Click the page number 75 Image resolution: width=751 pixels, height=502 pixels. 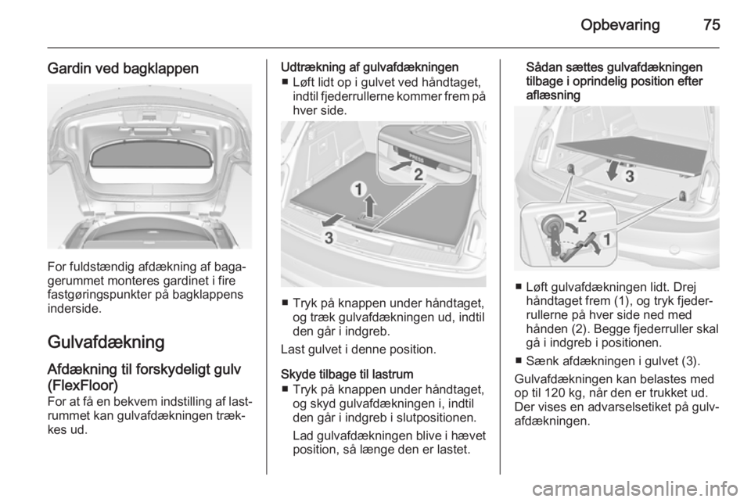tap(712, 24)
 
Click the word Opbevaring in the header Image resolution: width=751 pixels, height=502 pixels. tap(620, 25)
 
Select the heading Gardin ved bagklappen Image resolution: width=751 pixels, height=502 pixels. tap(123, 69)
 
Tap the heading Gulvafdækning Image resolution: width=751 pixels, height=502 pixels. tap(106, 342)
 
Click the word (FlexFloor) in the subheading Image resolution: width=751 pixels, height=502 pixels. tap(83, 385)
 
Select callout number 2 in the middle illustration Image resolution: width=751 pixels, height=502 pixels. tap(419, 174)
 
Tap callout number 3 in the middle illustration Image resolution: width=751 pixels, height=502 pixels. tap(329, 238)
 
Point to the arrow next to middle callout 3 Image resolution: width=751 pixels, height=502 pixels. tap(333, 221)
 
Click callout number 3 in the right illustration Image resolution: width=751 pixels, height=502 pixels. tap(629, 177)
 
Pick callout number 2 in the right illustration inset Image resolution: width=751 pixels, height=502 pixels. tap(582, 217)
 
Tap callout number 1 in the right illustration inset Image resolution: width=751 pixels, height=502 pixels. tap(606, 239)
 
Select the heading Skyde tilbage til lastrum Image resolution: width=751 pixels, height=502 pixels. tap(347, 374)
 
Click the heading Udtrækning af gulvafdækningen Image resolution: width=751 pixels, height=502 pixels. tap(370, 67)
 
